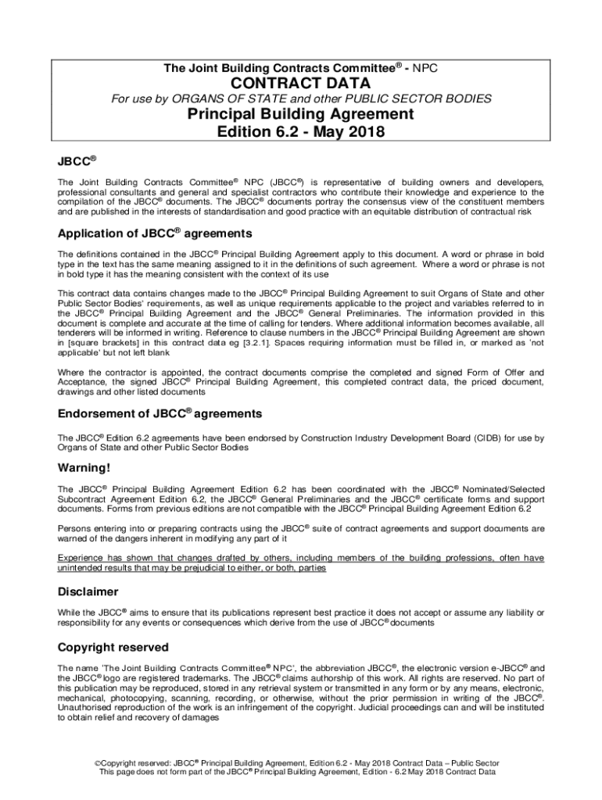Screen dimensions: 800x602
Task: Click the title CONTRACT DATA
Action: coord(300,83)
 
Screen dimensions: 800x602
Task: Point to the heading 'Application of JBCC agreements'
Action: coord(155,234)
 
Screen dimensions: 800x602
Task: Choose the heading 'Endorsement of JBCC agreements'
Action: coord(159,413)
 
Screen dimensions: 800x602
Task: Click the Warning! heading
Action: coord(84,468)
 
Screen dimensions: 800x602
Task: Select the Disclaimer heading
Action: coord(88,591)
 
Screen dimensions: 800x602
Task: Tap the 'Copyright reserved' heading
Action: coord(113,648)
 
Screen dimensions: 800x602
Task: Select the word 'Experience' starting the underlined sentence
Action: coord(82,558)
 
